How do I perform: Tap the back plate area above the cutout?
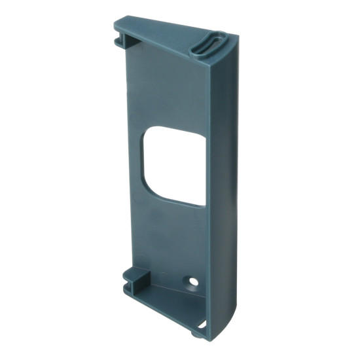[x=164, y=92]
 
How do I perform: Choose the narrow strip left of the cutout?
[x=134, y=164]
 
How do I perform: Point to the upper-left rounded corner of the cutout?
[x=151, y=131]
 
